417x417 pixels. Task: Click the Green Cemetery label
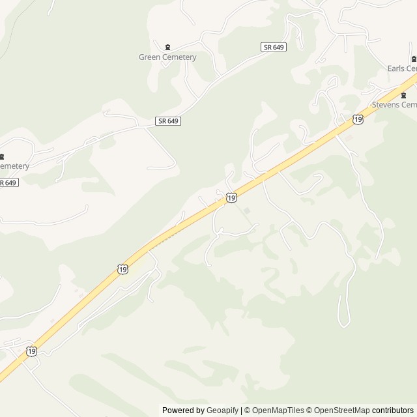point(167,57)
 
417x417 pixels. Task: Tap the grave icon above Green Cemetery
point(167,47)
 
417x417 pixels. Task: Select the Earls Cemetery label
point(402,68)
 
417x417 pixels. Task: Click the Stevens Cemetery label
point(394,104)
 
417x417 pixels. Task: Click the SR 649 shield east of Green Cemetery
point(274,47)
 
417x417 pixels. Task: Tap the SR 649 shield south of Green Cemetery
point(168,121)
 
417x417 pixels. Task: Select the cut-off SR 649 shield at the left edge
point(8,182)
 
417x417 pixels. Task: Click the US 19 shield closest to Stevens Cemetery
point(358,119)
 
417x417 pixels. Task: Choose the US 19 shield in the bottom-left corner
point(31,351)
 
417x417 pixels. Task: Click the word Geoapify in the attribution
point(222,410)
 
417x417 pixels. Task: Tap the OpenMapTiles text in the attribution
point(278,410)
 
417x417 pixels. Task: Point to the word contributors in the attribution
point(393,410)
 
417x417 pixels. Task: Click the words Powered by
point(183,410)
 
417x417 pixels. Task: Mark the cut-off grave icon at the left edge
point(2,156)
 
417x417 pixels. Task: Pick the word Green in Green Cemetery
point(150,57)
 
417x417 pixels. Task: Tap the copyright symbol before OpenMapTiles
point(248,410)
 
